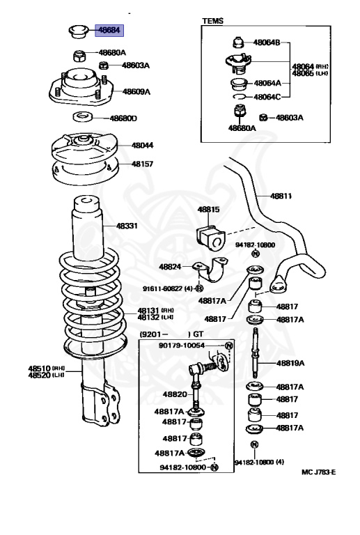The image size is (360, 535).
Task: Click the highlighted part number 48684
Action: coord(109,30)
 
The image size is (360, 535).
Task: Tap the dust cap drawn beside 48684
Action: coord(79,31)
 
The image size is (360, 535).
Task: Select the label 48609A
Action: coord(136,91)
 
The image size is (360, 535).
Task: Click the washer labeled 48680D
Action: coord(83,117)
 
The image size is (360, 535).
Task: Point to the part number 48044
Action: coord(143,146)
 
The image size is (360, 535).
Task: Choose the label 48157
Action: coord(143,164)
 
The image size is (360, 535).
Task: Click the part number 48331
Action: coord(127,226)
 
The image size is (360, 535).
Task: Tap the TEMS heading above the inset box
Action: coord(213,21)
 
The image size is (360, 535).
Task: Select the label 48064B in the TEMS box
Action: coord(267,42)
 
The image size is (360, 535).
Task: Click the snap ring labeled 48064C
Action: coord(240,97)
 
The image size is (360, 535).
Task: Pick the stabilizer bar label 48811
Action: coord(281,196)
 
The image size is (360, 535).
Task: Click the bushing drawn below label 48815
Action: coord(211,236)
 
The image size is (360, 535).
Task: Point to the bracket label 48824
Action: coord(170,267)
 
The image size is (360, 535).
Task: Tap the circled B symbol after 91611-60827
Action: coord(200,288)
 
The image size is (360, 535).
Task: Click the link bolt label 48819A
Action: coord(290,363)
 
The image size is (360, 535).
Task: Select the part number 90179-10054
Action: coord(182,346)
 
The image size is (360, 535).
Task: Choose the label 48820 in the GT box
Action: coord(175,394)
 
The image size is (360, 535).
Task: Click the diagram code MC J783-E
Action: coord(318,472)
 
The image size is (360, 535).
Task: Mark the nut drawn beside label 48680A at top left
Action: coord(79,56)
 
